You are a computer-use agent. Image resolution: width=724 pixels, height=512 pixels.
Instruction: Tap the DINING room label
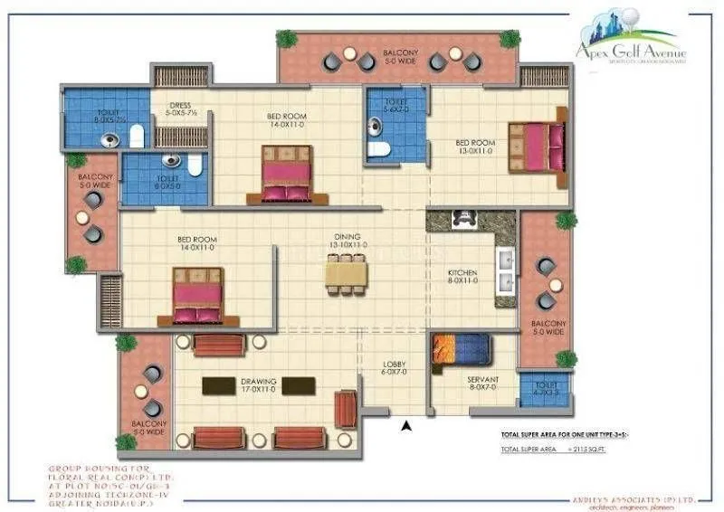click(347, 240)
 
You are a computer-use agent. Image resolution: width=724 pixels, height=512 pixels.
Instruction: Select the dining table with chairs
click(347, 274)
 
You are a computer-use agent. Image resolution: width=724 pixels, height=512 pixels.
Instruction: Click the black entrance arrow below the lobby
click(407, 424)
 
